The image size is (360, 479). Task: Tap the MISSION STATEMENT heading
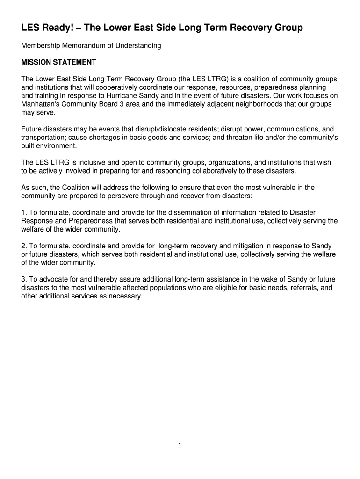click(x=59, y=62)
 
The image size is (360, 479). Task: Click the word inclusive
click(x=85, y=162)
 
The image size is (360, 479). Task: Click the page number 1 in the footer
click(x=180, y=445)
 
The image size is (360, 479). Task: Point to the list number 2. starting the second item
click(x=24, y=246)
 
